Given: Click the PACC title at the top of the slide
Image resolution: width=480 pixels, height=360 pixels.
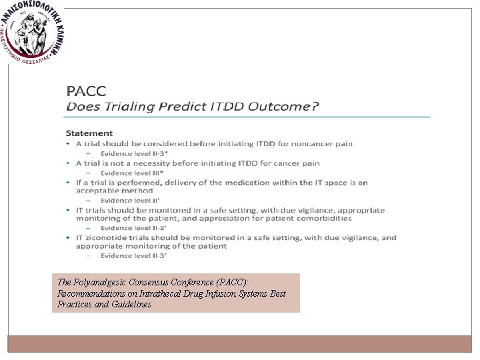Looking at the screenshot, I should (87, 91).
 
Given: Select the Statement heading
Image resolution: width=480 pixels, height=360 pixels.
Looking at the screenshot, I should (89, 133).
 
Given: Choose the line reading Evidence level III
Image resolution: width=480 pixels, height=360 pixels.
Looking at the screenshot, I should (126, 173).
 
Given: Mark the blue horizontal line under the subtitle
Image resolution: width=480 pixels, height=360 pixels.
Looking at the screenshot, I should (247, 117).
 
